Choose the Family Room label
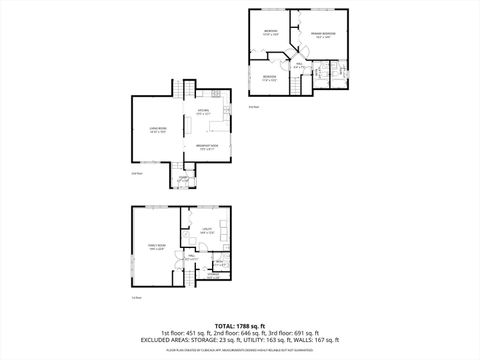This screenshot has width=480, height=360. click(157, 247)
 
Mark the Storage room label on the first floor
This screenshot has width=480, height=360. click(218, 263)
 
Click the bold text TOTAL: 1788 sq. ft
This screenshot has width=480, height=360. click(240, 326)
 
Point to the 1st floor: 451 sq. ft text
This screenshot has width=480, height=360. click(185, 333)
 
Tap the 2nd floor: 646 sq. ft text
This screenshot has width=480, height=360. click(240, 333)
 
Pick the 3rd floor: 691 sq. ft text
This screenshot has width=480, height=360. click(294, 333)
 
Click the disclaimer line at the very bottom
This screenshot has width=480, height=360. click(240, 351)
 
